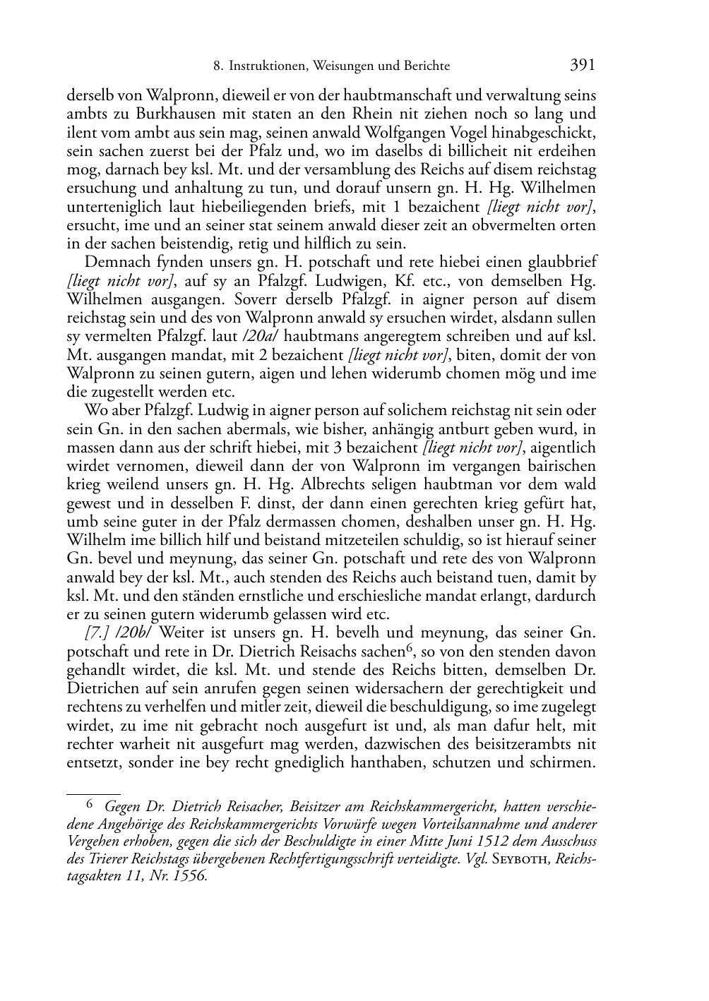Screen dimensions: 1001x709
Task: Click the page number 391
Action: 582,66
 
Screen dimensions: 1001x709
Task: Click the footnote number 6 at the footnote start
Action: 89,803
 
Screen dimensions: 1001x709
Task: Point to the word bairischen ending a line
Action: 562,466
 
